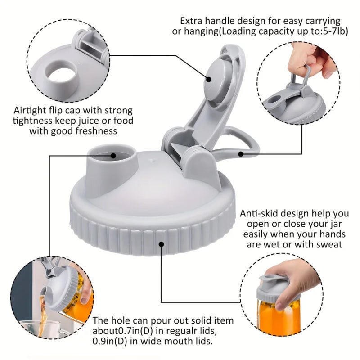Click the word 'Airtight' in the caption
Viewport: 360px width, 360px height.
pos(30,110)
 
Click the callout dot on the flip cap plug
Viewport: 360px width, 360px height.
pos(209,80)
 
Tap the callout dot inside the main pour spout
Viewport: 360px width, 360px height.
pos(113,156)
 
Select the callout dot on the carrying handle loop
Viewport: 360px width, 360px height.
pos(240,154)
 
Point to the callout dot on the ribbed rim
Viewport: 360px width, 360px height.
pos(162,244)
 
